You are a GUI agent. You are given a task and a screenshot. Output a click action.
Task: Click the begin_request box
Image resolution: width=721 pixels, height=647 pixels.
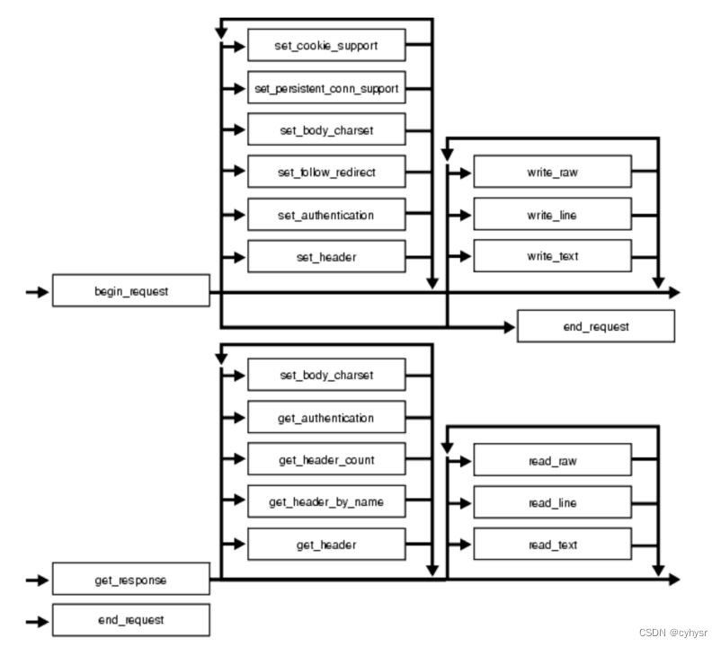131,292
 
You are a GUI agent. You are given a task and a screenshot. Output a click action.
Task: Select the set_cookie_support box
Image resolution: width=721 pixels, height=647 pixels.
326,46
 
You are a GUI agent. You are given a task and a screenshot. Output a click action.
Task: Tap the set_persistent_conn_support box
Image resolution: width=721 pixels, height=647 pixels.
326,88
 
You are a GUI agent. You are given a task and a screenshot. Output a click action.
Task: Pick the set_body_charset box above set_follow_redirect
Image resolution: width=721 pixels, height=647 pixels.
326,130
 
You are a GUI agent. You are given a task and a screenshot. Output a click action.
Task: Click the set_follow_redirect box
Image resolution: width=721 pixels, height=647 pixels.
326,173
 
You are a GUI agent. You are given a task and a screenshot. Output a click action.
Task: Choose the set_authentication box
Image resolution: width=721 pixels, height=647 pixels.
326,215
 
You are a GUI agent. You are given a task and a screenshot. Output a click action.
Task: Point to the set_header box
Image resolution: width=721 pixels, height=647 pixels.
326,257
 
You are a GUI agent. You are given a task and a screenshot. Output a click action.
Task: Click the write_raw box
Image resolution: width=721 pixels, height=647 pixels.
552,173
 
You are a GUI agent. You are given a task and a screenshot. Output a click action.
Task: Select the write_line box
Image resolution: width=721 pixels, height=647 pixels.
552,215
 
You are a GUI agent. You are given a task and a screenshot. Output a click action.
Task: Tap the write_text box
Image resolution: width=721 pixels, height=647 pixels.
552,257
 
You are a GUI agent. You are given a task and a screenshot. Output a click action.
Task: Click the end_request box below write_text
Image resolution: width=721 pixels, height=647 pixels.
595,326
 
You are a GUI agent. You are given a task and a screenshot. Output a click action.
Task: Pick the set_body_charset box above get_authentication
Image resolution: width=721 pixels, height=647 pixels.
326,375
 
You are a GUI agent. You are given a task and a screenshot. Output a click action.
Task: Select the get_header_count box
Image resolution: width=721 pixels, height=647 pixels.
326,460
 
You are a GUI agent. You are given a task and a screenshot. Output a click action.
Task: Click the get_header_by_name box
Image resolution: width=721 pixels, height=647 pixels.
326,501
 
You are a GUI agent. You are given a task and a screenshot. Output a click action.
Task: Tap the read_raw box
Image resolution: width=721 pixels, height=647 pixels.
552,461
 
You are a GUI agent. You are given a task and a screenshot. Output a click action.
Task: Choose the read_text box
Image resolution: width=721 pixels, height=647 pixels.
552,545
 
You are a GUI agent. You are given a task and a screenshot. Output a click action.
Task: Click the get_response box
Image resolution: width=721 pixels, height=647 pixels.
131,580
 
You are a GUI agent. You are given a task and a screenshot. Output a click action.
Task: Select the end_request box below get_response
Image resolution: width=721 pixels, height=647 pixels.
131,620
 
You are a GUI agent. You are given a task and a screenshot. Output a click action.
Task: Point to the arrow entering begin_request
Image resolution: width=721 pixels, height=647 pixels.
37,292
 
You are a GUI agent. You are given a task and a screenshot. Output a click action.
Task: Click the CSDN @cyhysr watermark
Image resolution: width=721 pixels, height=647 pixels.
674,633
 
